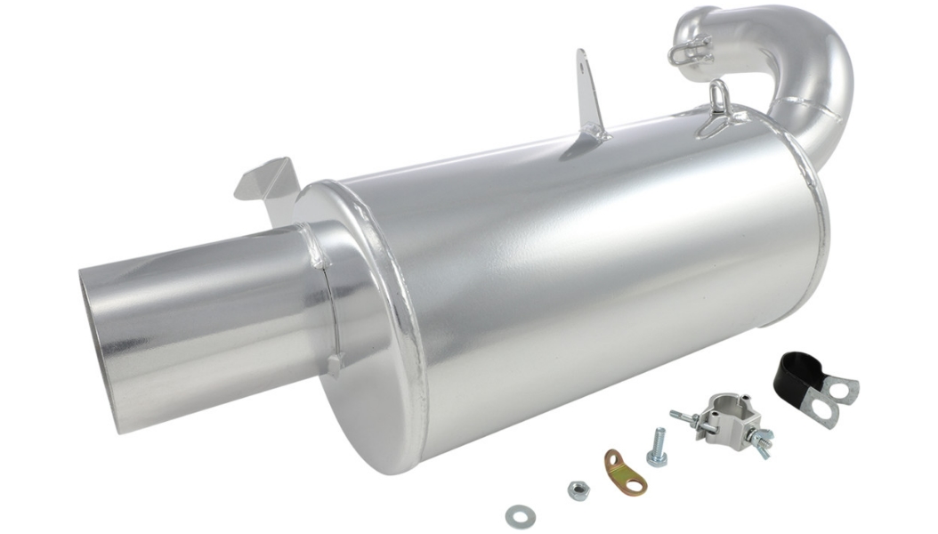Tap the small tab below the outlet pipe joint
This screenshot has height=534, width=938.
335,362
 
